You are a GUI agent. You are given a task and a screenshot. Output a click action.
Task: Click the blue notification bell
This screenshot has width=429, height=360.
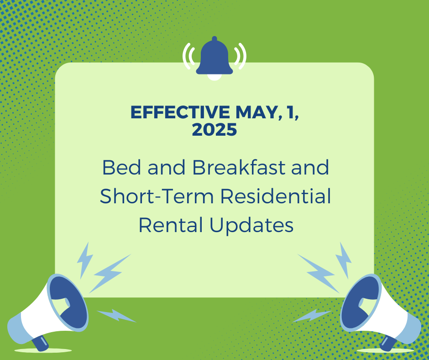click(214, 58)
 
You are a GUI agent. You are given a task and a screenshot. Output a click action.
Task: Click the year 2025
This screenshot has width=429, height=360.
click(214, 130)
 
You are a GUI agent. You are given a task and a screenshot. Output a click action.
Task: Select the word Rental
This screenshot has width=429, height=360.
click(171, 225)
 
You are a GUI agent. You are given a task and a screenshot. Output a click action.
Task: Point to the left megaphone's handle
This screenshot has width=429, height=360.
click(40, 343)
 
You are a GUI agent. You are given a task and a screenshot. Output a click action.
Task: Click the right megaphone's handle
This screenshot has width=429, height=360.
click(388, 343)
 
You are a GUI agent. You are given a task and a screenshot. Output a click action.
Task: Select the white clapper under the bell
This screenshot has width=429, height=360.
click(214, 77)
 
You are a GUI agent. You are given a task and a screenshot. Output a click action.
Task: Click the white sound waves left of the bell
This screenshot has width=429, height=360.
click(188, 56)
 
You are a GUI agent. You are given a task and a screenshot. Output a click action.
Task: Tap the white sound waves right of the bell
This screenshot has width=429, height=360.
click(241, 56)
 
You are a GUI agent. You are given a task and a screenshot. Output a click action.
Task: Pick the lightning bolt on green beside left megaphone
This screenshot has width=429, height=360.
click(116, 315)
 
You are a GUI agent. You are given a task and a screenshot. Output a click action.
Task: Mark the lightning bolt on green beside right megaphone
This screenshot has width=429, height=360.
click(312, 315)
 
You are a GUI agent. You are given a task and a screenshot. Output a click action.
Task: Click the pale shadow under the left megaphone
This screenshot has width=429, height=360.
click(43, 350)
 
